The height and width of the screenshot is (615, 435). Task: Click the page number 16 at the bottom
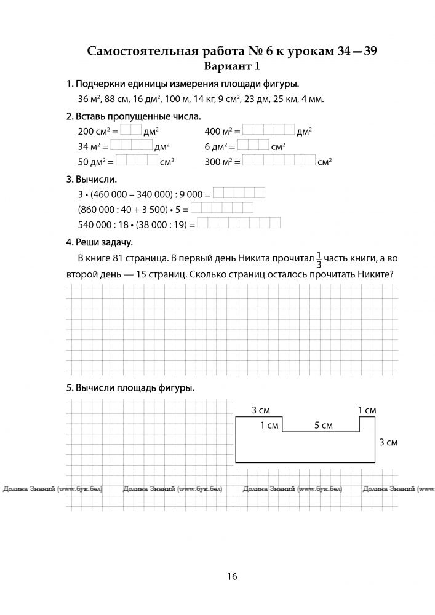(231, 576)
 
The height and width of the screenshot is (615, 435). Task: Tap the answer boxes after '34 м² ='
(132, 145)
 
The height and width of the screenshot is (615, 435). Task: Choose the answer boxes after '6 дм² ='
(253, 145)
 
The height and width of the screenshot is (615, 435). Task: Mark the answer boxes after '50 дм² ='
(137, 161)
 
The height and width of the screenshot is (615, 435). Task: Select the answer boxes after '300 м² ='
(279, 161)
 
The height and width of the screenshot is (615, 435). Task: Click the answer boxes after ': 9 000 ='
(239, 192)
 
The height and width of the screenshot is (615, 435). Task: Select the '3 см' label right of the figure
(388, 442)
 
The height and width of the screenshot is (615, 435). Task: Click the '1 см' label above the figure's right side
(367, 410)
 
